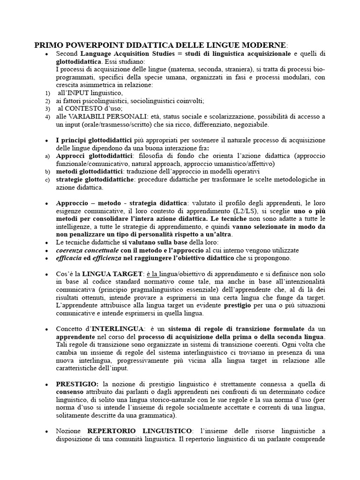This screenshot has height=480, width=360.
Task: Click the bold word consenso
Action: pos(71,392)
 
